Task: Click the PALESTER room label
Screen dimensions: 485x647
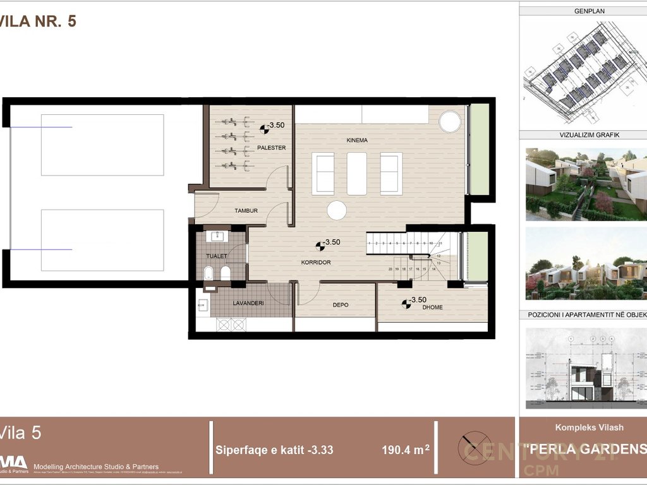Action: [x=272, y=148]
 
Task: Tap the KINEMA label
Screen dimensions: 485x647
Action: [x=357, y=140]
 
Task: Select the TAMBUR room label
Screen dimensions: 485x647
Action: [x=246, y=211]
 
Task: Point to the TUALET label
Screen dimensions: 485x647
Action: [x=217, y=256]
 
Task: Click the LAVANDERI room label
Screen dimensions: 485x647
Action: [x=248, y=304]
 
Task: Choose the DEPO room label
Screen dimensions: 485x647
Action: [x=341, y=305]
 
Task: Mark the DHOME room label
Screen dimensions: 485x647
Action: [x=433, y=308]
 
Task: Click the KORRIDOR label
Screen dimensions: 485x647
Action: [x=317, y=262]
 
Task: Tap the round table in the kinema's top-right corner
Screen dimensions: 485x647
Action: [x=450, y=121]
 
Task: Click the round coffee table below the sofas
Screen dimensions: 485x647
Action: [x=336, y=210]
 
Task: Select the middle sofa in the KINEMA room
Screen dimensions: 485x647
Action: [x=357, y=174]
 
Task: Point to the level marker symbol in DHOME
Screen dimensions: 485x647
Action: [x=405, y=304]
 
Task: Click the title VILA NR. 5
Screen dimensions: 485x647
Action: [x=38, y=21]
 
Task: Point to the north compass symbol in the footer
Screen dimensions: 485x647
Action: [x=476, y=445]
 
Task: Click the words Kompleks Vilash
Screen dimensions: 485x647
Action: [x=589, y=428]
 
